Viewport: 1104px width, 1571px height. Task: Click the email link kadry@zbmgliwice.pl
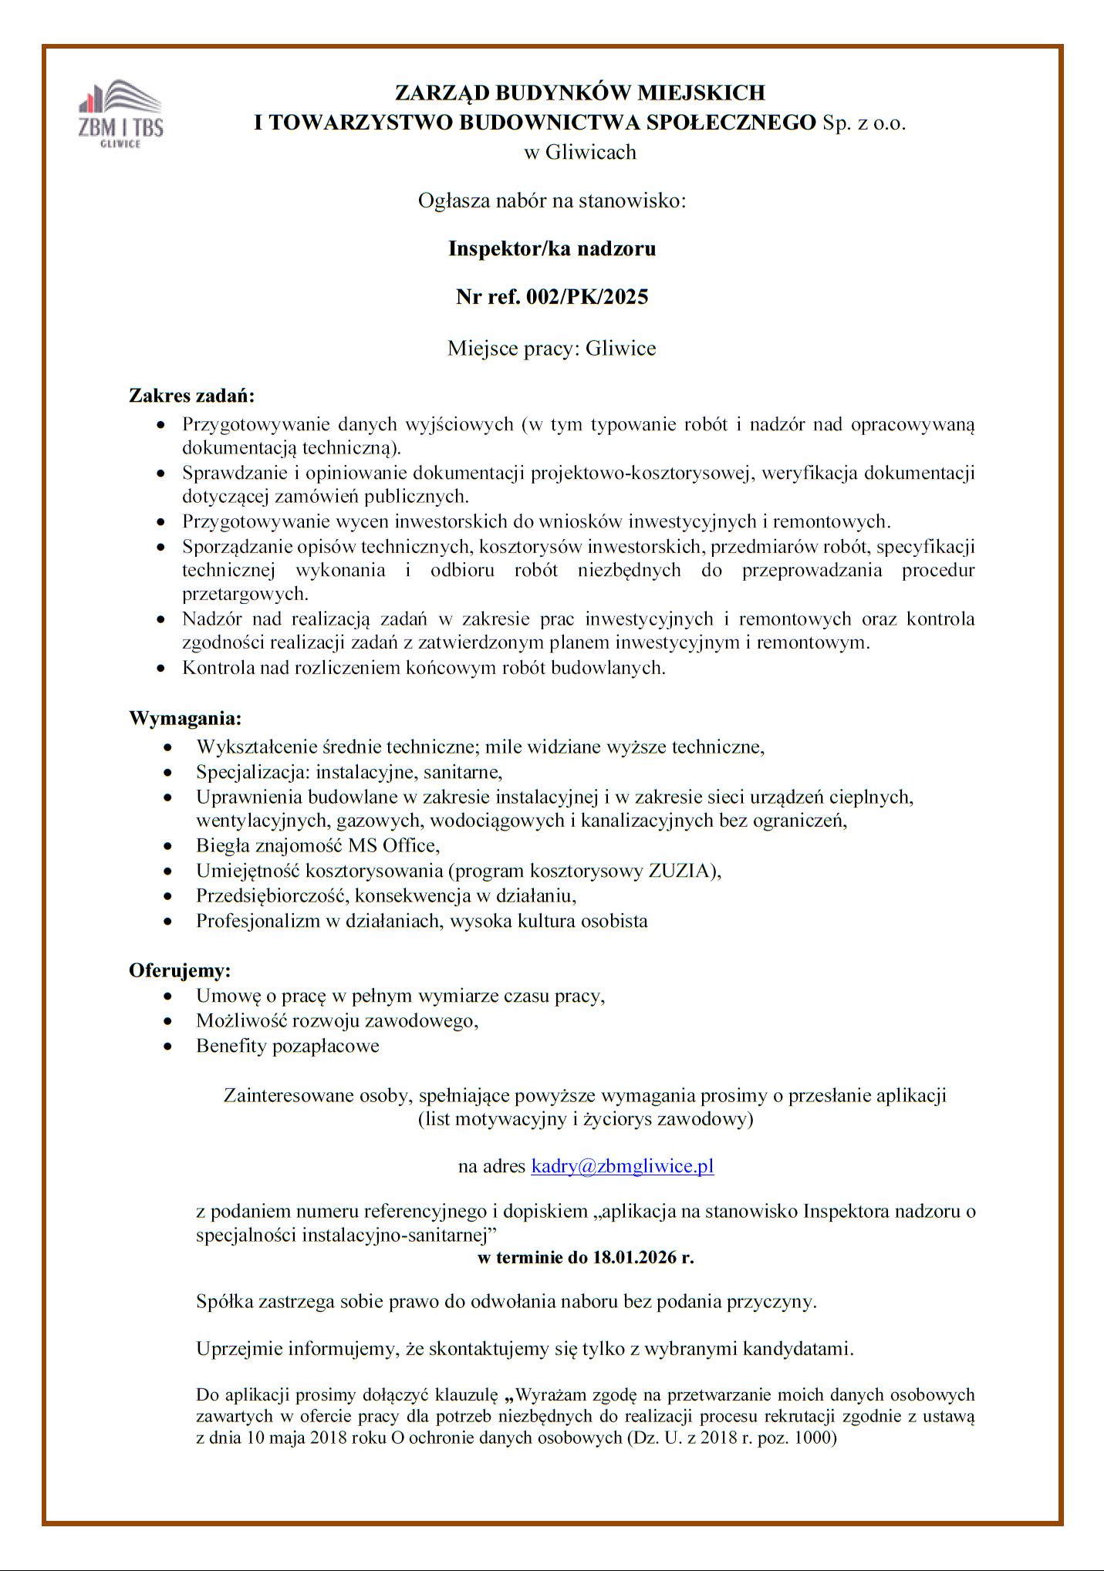(x=623, y=1165)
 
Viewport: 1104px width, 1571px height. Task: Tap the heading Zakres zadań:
(x=191, y=396)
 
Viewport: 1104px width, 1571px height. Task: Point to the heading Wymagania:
(x=185, y=718)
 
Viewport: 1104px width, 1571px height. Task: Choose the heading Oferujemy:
(x=180, y=969)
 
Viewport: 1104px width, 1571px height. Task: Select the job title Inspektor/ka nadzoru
(x=552, y=248)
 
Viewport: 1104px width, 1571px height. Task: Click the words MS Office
(x=393, y=845)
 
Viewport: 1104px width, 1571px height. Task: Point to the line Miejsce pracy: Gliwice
(x=552, y=348)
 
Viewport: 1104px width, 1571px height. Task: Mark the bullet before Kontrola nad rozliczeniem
(x=160, y=669)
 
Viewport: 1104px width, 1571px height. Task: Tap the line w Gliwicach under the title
(x=580, y=152)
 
